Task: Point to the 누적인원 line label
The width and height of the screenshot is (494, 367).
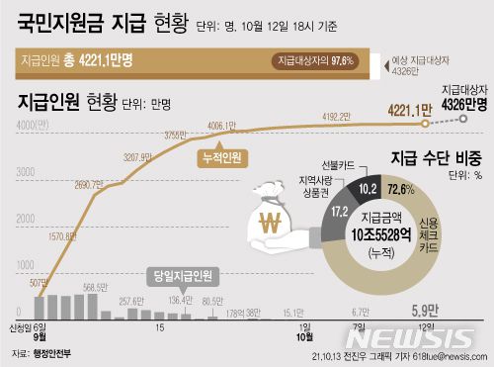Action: point(224,156)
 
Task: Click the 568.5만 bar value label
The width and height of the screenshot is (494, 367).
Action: point(95,288)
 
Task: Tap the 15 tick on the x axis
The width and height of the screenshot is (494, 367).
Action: point(159,328)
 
